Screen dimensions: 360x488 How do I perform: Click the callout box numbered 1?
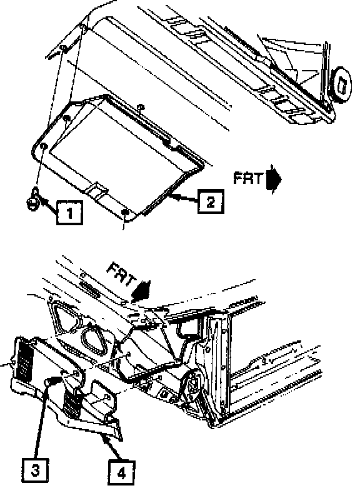[x=69, y=213]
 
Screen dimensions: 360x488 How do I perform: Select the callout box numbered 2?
[x=211, y=201]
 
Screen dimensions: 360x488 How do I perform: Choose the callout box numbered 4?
[x=121, y=473]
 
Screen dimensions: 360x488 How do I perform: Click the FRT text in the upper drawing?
[x=248, y=179]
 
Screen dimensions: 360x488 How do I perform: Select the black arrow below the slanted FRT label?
[x=141, y=291]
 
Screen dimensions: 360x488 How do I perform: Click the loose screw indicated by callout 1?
[x=33, y=201]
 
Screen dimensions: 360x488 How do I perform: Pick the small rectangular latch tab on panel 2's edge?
[x=97, y=189]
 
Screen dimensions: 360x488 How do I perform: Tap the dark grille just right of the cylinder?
[x=72, y=402]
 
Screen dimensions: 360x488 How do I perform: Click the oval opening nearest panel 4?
[x=94, y=342]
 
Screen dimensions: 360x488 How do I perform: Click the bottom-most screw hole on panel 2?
[x=125, y=212]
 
